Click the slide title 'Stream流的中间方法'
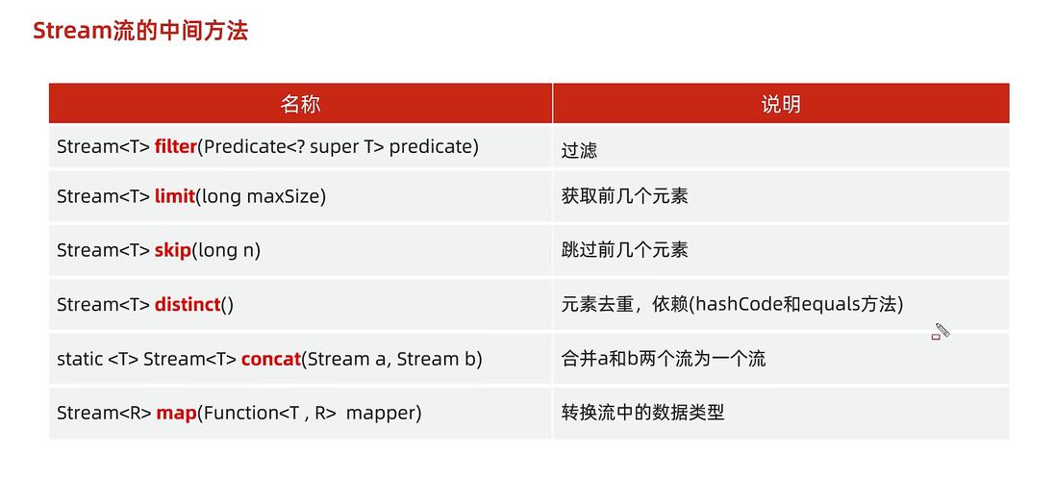[x=140, y=31]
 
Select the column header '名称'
[x=300, y=104]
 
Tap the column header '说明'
[x=780, y=104]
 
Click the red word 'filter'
[x=175, y=147]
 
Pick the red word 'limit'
[x=174, y=196]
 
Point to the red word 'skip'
[x=172, y=250]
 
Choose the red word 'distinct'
[x=187, y=305]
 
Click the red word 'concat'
[x=270, y=359]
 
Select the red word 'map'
[x=176, y=413]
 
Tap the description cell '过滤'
[x=579, y=150]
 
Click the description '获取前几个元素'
[x=624, y=196]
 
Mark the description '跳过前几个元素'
[x=624, y=250]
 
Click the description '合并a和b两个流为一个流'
[x=664, y=359]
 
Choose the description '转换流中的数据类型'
[x=642, y=413]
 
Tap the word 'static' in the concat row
[x=80, y=359]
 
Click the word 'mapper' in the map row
[x=381, y=413]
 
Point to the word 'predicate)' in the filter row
[x=433, y=147]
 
